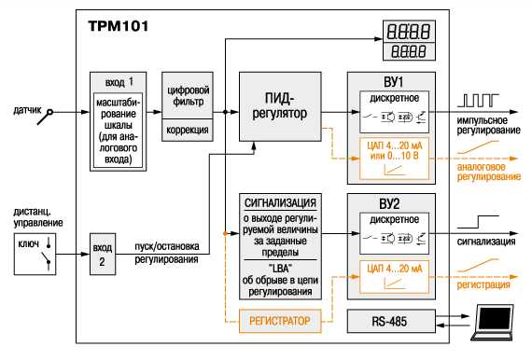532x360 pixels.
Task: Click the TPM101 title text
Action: (x=119, y=26)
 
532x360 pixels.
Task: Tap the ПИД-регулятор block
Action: (x=280, y=106)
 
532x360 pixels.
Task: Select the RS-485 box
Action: (x=391, y=321)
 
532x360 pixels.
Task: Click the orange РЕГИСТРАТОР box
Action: (x=280, y=321)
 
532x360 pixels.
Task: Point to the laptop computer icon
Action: (x=493, y=322)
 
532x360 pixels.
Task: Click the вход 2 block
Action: (x=103, y=254)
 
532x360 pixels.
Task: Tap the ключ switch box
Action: (x=35, y=254)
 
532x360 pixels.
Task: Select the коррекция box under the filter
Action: (x=188, y=130)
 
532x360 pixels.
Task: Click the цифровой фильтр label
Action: (x=189, y=96)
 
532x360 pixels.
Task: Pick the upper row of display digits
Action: (x=409, y=31)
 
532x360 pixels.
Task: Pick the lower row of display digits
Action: (x=409, y=51)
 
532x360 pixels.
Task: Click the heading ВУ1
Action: (x=393, y=82)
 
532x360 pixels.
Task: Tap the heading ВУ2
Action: (x=389, y=203)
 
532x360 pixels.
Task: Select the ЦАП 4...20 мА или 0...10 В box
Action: (x=394, y=159)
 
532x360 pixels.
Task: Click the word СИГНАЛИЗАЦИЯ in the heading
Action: (x=280, y=203)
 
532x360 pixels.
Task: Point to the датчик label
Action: (x=27, y=110)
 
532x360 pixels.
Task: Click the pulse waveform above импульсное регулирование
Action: (x=479, y=101)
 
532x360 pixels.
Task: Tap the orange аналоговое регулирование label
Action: (x=488, y=172)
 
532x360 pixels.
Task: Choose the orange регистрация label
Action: (x=483, y=284)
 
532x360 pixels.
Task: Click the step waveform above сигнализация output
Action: (x=479, y=222)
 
